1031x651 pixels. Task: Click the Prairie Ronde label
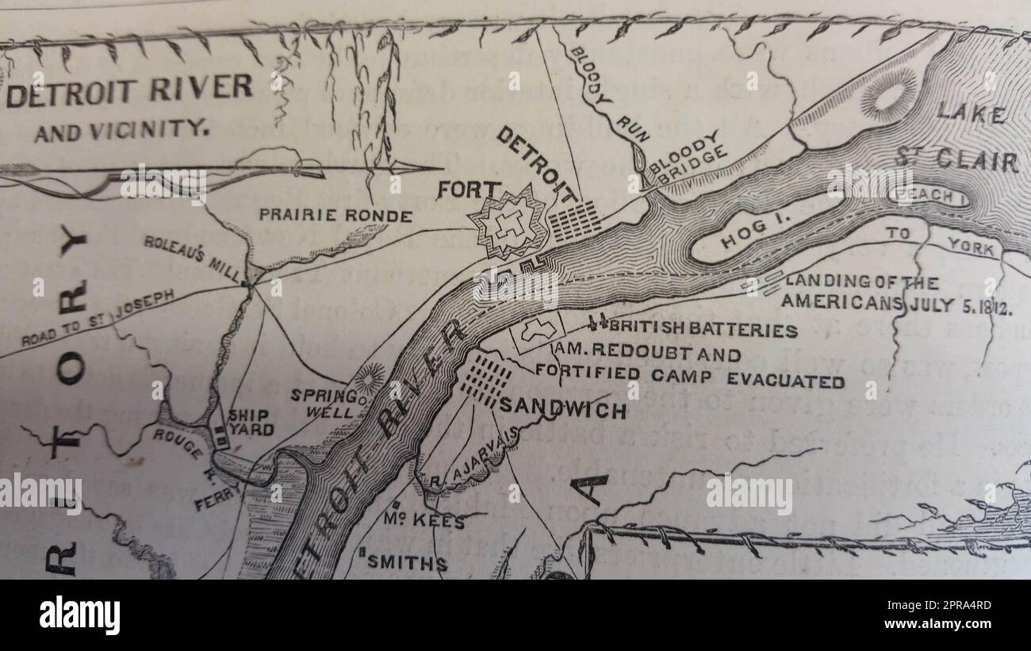335,216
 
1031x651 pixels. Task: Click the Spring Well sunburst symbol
370,378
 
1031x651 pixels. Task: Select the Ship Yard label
250,423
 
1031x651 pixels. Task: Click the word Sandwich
561,410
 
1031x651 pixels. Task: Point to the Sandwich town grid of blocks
485,379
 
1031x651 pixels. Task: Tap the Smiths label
406,563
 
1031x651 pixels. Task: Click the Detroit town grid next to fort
575,220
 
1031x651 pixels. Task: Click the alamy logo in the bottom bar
80,615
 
